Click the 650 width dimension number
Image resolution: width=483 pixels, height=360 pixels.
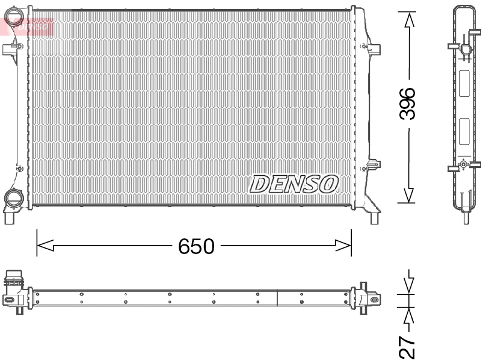pyautogui.click(x=195, y=246)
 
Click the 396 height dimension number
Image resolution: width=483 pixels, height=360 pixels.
pyautogui.click(x=408, y=104)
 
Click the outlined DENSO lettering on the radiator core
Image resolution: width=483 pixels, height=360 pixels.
pyautogui.click(x=294, y=184)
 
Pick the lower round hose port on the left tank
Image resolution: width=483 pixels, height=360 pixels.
pyautogui.click(x=12, y=197)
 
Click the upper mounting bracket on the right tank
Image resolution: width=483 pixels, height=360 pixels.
pyautogui.click(x=372, y=48)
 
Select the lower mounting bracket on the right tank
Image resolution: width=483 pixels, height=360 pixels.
pyautogui.click(x=374, y=164)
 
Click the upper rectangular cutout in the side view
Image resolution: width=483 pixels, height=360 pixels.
pyautogui.click(x=464, y=84)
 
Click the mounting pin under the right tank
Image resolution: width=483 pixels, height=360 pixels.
pyautogui.click(x=375, y=217)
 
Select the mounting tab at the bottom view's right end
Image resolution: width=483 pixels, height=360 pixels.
pyautogui.click(x=372, y=297)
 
